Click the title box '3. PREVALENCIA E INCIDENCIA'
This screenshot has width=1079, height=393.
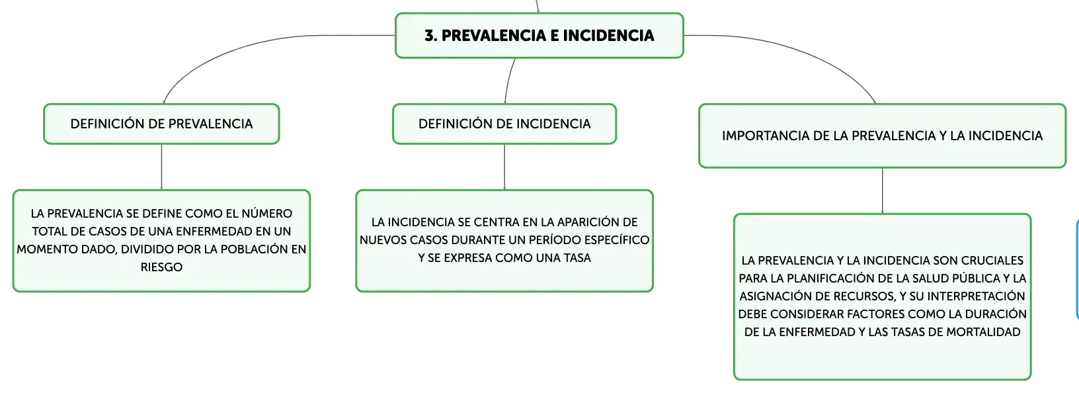[x=539, y=36]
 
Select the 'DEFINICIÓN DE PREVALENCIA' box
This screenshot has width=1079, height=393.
[x=161, y=124]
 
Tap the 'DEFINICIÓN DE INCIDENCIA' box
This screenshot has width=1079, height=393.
[x=504, y=124]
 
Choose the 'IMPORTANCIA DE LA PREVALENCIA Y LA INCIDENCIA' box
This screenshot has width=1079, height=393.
[x=882, y=136]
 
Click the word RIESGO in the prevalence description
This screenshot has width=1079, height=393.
[x=161, y=267]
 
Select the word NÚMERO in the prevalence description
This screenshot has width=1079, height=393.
[x=267, y=214]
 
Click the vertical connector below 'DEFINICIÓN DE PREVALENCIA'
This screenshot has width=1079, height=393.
[x=161, y=167]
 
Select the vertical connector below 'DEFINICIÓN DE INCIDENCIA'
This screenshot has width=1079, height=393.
[x=504, y=167]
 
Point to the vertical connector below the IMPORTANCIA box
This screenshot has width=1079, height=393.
[x=883, y=191]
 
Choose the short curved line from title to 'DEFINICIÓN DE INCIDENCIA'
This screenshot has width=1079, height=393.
[x=508, y=80]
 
